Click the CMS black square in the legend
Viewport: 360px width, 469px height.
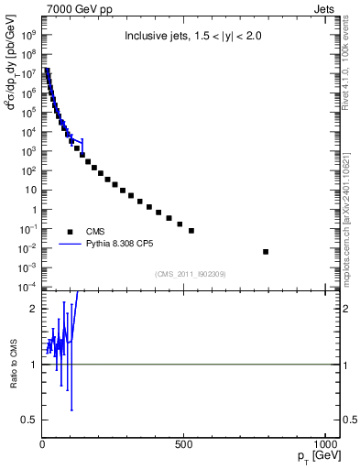point(70,232)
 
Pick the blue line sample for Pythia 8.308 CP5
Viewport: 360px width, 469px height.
point(70,245)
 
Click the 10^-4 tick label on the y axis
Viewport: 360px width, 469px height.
point(28,288)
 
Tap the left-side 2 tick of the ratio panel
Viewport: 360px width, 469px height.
point(34,309)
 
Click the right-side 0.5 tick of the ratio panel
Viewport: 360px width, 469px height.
point(337,420)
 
